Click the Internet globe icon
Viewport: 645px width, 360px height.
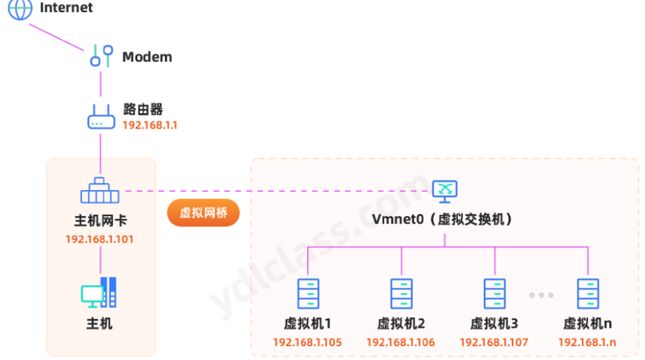click(20, 9)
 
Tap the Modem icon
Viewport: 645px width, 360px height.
click(101, 56)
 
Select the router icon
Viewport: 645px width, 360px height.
click(101, 117)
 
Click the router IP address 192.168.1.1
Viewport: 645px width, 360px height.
click(150, 125)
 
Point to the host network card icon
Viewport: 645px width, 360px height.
click(100, 190)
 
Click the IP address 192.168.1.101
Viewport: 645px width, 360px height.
click(100, 239)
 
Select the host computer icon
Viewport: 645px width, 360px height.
click(99, 292)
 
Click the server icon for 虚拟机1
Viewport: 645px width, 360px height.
click(308, 293)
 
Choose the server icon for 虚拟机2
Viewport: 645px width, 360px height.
click(401, 293)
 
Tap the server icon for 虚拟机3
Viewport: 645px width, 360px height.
click(494, 293)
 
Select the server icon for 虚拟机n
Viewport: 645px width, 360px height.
click(587, 293)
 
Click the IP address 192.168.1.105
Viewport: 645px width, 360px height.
click(307, 342)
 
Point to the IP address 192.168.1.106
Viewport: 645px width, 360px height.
click(400, 342)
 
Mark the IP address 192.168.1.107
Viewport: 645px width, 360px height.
click(494, 342)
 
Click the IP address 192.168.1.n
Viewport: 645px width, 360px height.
click(587, 342)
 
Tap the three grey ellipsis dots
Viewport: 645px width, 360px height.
click(541, 295)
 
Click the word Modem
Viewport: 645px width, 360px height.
click(147, 57)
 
